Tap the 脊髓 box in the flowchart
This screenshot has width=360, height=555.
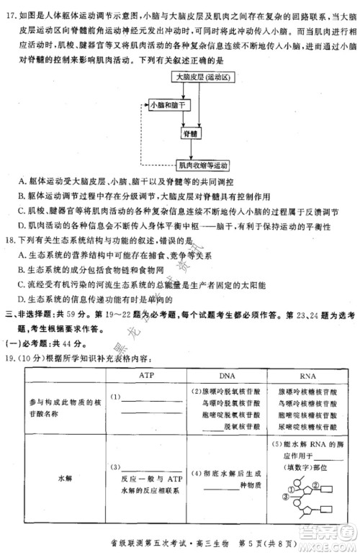point(192,134)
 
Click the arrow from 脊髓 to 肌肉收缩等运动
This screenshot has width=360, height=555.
point(192,150)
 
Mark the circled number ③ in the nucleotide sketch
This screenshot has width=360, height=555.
point(285,495)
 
